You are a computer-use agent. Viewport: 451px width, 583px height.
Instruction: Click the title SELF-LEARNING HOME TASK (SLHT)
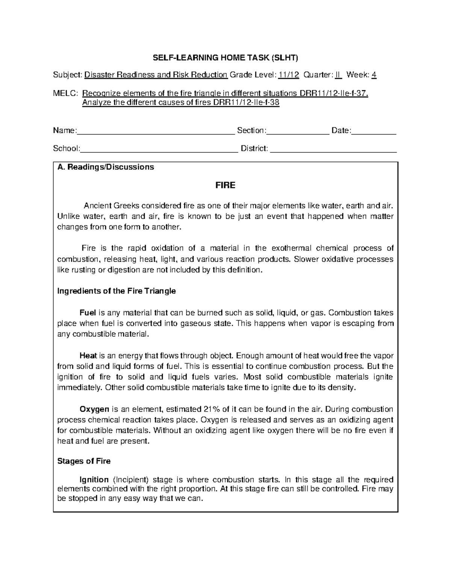coord(225,58)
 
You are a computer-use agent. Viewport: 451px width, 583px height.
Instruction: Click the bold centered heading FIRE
coord(225,185)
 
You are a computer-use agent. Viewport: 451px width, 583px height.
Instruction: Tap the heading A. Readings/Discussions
coord(106,167)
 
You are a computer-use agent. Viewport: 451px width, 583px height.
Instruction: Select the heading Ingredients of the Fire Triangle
coord(116,291)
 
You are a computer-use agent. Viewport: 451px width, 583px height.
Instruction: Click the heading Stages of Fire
coord(84,461)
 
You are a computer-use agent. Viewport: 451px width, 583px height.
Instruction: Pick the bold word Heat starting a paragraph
coord(88,356)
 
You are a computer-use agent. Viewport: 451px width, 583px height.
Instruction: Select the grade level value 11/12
coord(289,75)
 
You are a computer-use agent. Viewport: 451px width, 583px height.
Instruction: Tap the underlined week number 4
coord(374,75)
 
